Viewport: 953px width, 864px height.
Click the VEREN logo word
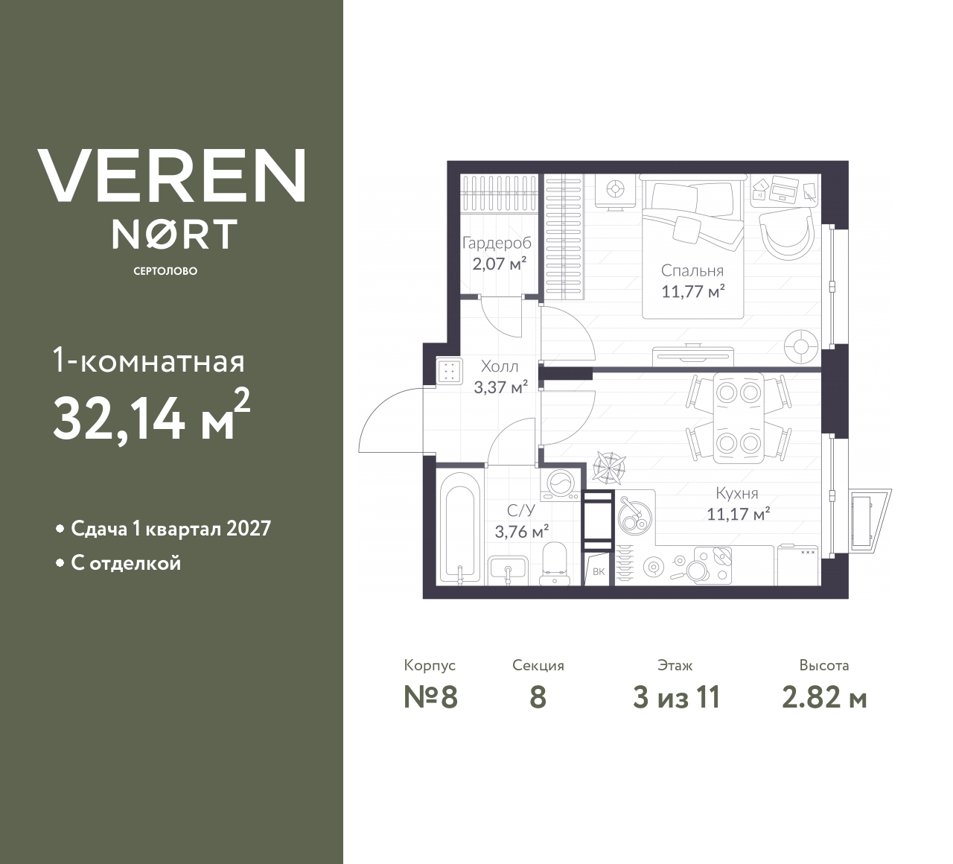tap(171, 176)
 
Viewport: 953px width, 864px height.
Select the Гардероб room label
tap(497, 243)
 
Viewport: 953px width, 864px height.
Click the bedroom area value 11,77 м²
tap(693, 290)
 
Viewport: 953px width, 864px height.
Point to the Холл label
tap(500, 366)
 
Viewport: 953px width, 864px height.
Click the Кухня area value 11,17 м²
tap(739, 514)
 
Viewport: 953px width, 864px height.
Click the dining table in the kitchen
tap(739, 417)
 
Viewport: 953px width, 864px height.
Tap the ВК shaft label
tap(598, 571)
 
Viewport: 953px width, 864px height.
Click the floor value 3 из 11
tap(676, 698)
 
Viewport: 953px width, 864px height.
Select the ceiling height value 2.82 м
tap(824, 698)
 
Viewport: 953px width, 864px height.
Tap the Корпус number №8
tap(430, 698)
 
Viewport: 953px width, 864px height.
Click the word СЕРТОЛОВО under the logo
tap(165, 271)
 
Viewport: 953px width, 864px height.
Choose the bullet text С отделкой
tap(126, 563)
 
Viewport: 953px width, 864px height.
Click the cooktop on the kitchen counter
tap(713, 565)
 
